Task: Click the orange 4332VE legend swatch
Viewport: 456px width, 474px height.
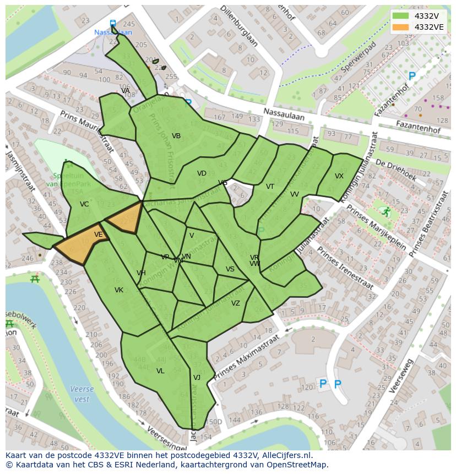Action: [401, 27]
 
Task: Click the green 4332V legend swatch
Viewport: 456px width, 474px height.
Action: [401, 16]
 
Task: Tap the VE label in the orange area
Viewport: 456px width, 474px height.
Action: [98, 235]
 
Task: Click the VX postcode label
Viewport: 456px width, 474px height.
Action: [339, 176]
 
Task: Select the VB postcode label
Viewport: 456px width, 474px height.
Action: [176, 136]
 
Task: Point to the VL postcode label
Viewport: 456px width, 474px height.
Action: [160, 371]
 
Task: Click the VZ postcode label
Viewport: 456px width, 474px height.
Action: [235, 303]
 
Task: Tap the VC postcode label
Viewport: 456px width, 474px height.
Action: [84, 204]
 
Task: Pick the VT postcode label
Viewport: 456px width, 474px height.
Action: [270, 187]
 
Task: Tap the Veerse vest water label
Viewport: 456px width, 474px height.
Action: [82, 394]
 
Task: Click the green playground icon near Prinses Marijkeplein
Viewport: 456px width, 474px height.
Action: [386, 211]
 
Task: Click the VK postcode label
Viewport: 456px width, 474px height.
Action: [119, 290]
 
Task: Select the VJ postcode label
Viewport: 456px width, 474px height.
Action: [197, 378]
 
